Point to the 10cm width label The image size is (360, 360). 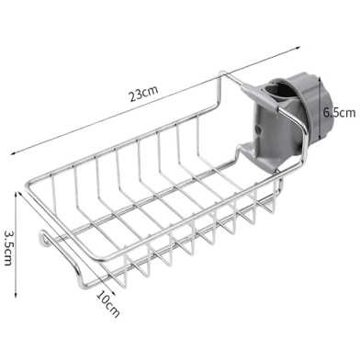pyautogui.click(x=110, y=301)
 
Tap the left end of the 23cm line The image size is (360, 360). pyautogui.click(x=13, y=157)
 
